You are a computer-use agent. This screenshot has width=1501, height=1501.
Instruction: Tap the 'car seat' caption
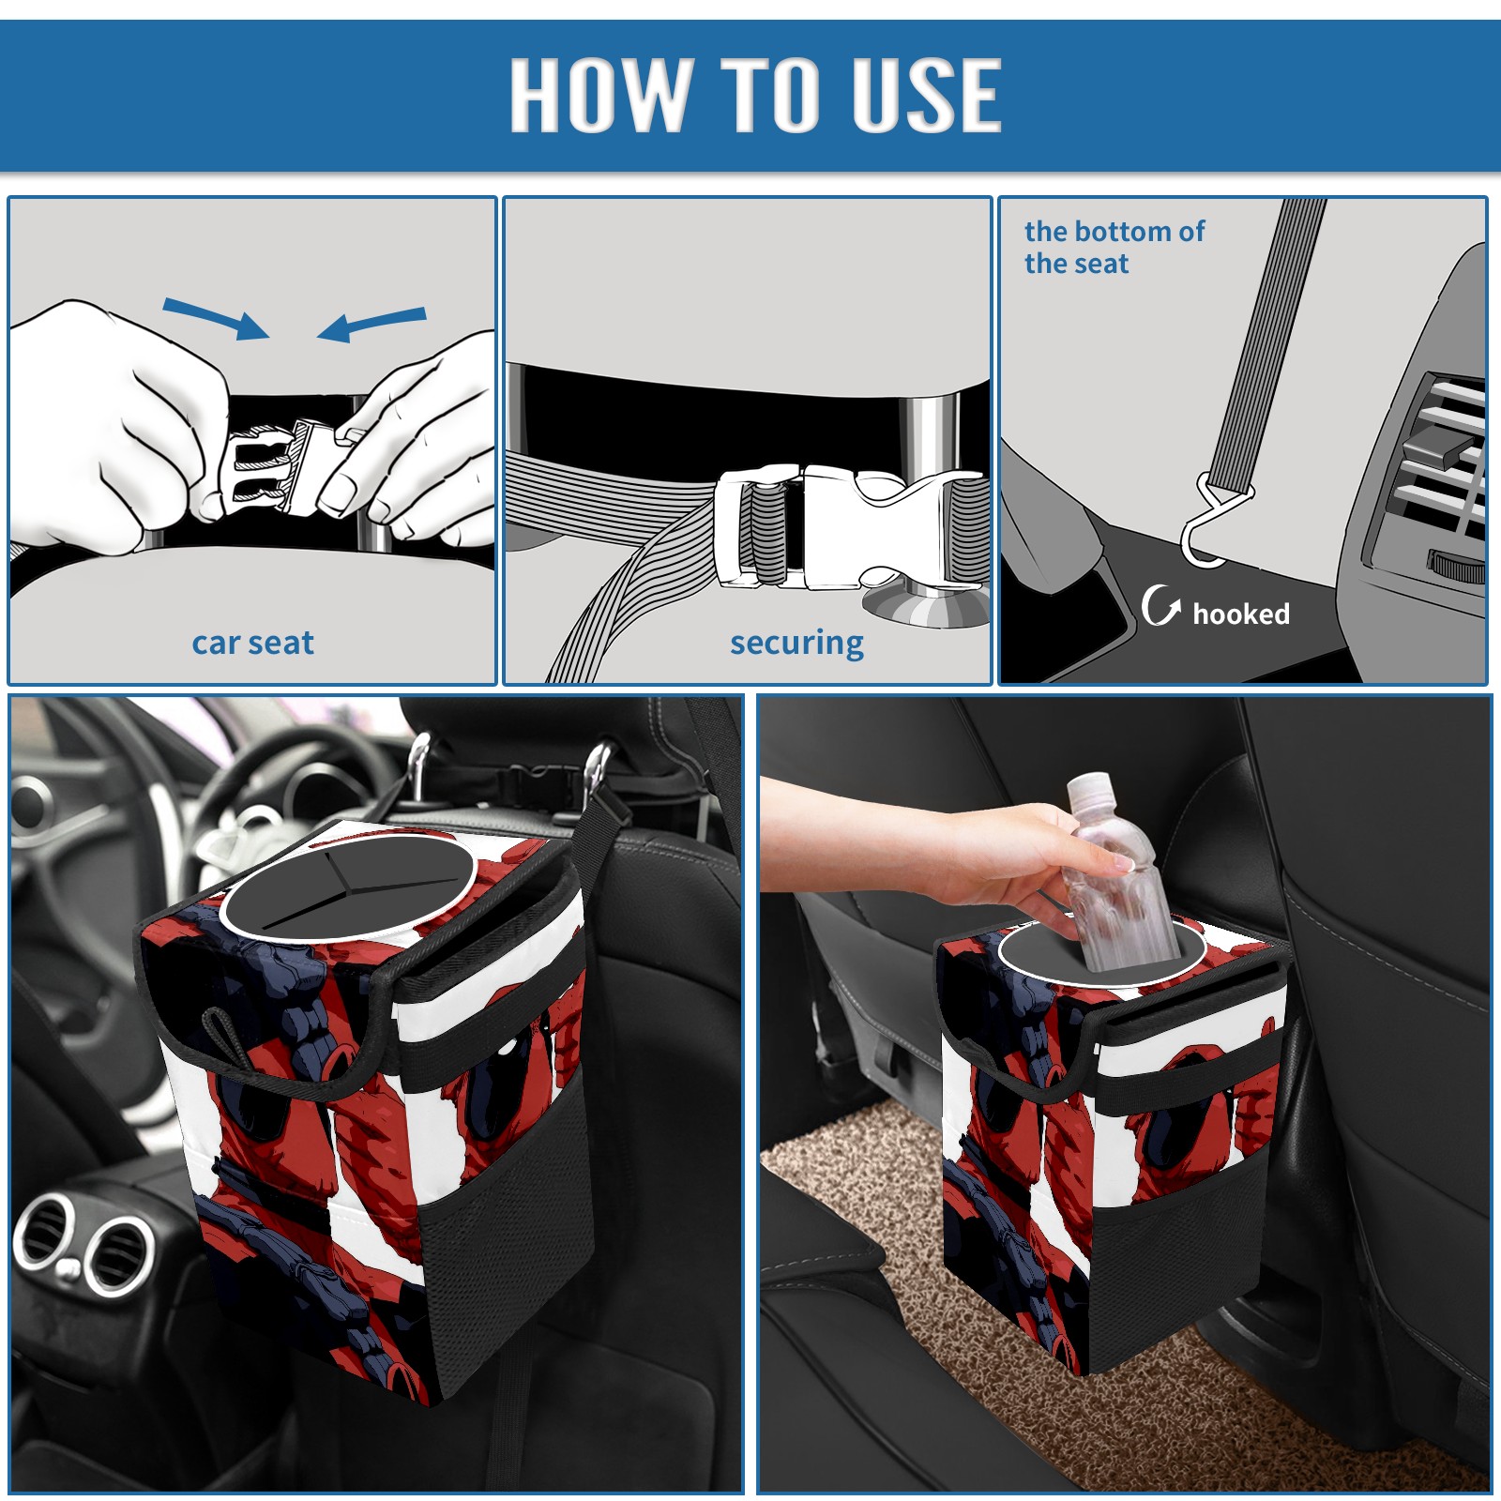pyautogui.click(x=252, y=643)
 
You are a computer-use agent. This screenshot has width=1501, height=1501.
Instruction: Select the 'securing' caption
pyautogui.click(x=796, y=644)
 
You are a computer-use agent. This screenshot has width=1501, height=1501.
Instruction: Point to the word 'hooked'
pyautogui.click(x=1241, y=614)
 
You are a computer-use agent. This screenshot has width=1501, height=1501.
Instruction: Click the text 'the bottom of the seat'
pyautogui.click(x=1114, y=247)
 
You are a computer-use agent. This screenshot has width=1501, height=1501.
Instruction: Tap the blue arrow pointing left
pyautogui.click(x=371, y=324)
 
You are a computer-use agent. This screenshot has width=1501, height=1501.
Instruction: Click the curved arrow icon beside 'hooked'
pyautogui.click(x=1161, y=605)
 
